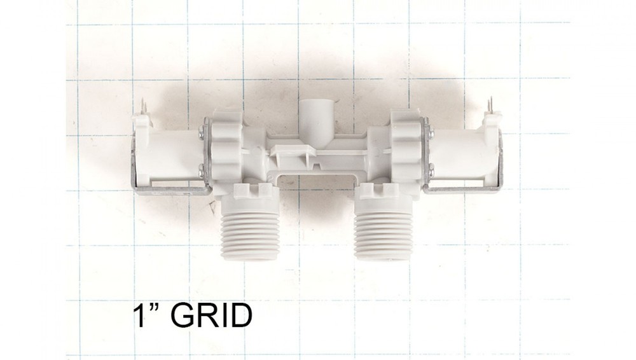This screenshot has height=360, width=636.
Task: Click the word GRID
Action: (211, 315)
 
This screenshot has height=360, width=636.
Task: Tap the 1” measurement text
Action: (145, 315)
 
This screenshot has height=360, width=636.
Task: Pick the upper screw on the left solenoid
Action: (202, 130)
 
